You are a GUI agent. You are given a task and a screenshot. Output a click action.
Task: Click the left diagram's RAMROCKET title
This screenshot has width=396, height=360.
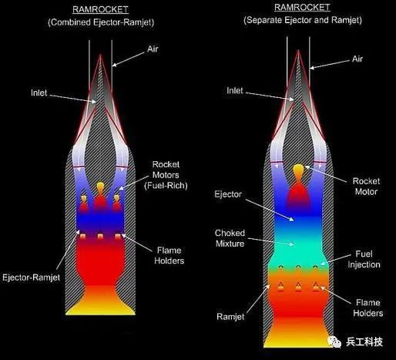[100, 10]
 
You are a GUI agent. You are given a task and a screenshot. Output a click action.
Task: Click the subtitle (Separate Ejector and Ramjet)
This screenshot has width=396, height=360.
[303, 20]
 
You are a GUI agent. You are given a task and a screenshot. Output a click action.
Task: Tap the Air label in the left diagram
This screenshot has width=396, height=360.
[153, 49]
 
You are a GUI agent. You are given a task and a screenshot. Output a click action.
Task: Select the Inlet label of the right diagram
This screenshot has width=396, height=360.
[235, 90]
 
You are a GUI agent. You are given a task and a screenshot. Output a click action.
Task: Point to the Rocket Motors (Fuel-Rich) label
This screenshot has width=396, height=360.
[166, 175]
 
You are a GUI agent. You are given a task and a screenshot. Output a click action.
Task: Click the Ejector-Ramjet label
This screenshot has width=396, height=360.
[31, 278]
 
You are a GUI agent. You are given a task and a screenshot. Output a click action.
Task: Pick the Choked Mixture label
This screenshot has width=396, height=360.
[230, 238]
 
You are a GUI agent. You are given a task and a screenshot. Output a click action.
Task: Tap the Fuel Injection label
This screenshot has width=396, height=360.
[364, 259]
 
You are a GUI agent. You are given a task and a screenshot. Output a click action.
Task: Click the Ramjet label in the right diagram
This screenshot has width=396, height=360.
[230, 317]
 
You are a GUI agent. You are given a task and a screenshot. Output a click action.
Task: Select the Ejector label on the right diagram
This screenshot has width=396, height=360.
[228, 194]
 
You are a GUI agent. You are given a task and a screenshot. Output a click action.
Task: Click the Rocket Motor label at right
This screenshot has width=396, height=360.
[366, 187]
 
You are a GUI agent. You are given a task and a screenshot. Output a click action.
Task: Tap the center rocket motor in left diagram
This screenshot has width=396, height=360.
[100, 197]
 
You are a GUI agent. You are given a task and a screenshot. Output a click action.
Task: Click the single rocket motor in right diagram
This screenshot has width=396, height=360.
[298, 185]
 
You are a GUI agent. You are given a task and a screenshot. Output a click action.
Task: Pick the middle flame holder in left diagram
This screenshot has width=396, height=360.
[100, 237]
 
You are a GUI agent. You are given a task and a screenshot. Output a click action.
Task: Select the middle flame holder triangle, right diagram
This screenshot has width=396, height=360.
[298, 287]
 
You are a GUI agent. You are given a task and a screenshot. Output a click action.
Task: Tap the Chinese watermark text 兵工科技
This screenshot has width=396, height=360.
[364, 342]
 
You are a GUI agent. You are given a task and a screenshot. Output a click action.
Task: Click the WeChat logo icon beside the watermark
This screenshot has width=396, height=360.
[334, 342]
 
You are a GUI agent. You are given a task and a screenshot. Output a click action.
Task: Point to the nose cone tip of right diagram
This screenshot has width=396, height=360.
[298, 51]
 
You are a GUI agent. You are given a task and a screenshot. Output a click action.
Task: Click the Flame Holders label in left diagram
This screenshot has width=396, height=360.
[169, 256]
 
